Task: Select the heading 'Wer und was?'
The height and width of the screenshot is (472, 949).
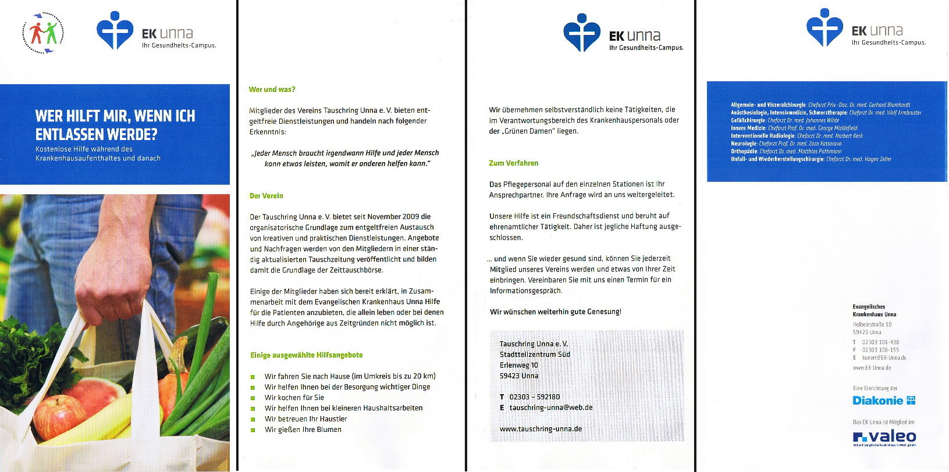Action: (x=272, y=90)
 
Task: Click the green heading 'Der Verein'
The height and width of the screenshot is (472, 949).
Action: (x=266, y=196)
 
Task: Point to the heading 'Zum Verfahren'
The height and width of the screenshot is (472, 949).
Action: (x=514, y=163)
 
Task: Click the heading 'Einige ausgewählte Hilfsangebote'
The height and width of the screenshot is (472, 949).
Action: (x=307, y=355)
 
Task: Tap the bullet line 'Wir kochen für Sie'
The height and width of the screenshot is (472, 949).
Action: (x=294, y=398)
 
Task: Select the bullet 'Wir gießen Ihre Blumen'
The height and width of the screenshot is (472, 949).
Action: (x=303, y=430)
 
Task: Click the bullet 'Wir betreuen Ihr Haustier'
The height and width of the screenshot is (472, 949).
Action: (x=306, y=419)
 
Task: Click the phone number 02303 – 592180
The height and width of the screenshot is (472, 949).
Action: (x=535, y=397)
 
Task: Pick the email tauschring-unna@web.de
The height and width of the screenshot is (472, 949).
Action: (x=551, y=407)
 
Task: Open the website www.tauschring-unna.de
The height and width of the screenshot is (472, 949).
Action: (x=541, y=429)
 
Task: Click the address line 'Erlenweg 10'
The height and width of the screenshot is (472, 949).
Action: (x=519, y=365)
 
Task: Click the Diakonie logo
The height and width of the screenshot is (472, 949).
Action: (x=884, y=401)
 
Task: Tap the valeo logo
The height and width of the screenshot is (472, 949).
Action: (x=884, y=437)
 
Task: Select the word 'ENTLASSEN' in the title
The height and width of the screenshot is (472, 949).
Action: (x=84, y=135)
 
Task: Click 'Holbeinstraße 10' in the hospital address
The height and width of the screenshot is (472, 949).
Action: (x=872, y=324)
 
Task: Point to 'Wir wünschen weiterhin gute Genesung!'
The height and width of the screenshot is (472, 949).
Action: (x=556, y=312)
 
